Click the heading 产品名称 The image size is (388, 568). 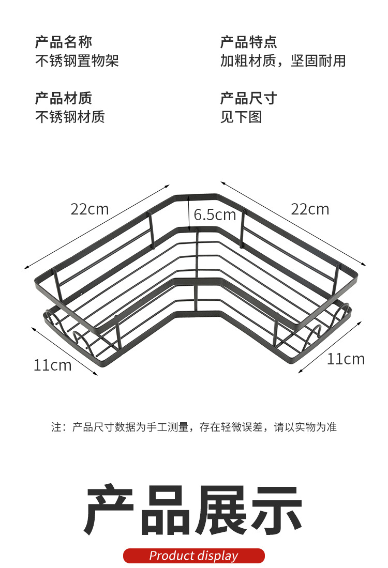[x=64, y=42]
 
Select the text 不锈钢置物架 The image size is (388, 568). [x=77, y=61]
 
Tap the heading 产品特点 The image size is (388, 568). [x=249, y=42]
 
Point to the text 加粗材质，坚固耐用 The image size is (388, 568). [x=283, y=61]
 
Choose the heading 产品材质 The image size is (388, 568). [x=64, y=98]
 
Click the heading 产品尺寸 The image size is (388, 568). [x=249, y=98]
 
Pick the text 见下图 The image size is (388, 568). [x=242, y=117]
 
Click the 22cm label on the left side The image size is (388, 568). [x=90, y=209]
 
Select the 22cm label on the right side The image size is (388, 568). [x=310, y=209]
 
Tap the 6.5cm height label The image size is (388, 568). [x=215, y=214]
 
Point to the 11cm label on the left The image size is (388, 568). [x=53, y=365]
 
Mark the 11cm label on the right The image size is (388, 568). [x=346, y=359]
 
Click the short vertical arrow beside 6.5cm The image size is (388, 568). [x=189, y=212]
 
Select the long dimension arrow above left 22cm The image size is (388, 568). [x=97, y=226]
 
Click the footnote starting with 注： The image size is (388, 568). [x=194, y=427]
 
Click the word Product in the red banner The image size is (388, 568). [x=171, y=556]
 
